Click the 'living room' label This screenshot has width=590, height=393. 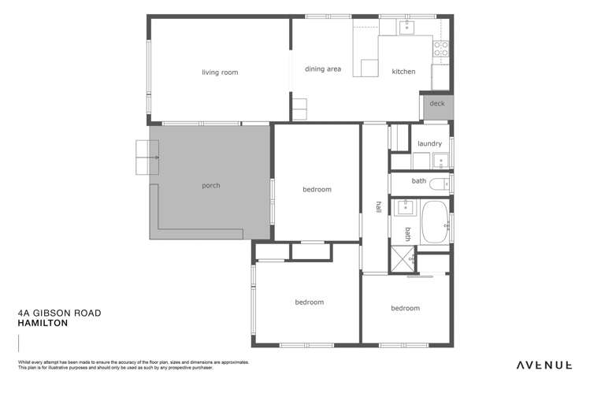(219, 72)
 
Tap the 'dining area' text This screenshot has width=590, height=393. (323, 69)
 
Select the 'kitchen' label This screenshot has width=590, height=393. (403, 72)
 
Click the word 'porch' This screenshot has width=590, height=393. (211, 186)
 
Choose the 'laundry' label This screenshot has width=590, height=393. (429, 143)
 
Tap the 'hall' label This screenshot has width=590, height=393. (378, 207)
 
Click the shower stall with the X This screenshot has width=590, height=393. (402, 258)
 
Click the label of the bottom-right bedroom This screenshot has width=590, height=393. (405, 308)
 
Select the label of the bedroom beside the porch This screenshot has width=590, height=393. (317, 189)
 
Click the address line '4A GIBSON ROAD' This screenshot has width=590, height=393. (59, 313)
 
